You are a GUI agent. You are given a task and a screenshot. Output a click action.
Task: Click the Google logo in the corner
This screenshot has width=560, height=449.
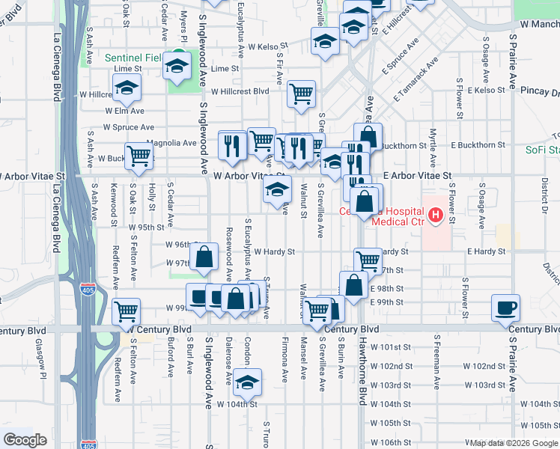[x=25, y=439]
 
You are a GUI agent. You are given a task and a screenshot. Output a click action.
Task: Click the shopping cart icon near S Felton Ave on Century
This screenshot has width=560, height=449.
[x=127, y=311]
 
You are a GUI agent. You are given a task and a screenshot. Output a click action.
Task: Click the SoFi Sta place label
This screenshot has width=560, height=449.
[x=542, y=150]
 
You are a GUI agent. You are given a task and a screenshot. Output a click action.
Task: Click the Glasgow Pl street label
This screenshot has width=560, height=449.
[x=37, y=358]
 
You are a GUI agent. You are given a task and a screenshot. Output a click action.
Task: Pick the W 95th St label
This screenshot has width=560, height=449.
[x=146, y=227]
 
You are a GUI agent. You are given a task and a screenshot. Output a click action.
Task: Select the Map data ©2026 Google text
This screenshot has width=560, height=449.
[x=513, y=443]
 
